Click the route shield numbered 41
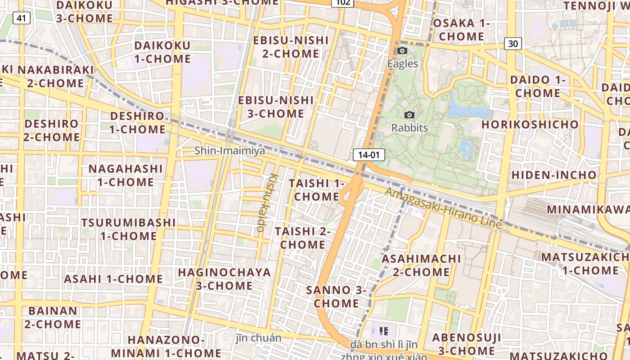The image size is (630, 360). point(21,18)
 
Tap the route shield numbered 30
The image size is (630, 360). point(513,44)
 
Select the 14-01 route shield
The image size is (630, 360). point(369,155)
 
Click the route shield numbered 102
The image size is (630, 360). point(342,3)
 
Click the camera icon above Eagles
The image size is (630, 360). point(402,51)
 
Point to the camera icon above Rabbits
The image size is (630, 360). point(409,115)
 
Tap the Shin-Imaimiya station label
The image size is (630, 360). point(229,151)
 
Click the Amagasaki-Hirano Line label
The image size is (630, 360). point(443,207)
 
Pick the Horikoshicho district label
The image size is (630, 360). point(530,124)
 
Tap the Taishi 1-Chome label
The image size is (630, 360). point(316,190)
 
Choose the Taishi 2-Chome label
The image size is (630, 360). point(302,238)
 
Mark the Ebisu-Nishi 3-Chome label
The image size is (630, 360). point(276,107)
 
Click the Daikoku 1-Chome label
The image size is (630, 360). point(162,52)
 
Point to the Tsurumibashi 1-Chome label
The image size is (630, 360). point(128,229)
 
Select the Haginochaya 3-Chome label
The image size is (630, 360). point(224,279)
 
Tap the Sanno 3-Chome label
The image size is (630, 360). point(336,297)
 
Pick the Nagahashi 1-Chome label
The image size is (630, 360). point(125,175)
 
